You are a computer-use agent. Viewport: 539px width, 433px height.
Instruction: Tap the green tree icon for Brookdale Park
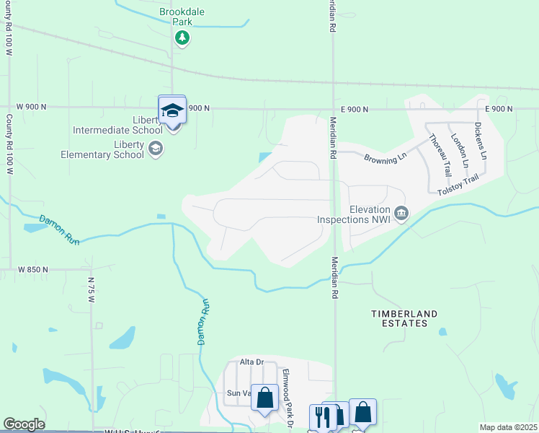point(182,37)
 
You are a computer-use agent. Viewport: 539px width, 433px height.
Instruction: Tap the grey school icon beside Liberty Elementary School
point(154,149)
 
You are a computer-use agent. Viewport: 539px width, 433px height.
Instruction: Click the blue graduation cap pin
point(172,110)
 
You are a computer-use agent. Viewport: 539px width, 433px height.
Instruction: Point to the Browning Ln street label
point(386,157)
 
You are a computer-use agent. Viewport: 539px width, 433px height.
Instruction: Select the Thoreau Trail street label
point(439,154)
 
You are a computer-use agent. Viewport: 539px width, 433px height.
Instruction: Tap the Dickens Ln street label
point(481,141)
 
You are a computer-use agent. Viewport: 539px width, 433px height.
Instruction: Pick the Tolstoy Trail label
point(458,189)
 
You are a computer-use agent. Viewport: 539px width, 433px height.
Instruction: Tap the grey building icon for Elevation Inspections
point(401,212)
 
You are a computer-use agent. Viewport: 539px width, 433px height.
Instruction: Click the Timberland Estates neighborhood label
point(404,318)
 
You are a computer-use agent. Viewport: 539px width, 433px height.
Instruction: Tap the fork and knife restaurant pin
point(321,417)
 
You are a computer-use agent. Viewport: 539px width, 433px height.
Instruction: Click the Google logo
point(24,424)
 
